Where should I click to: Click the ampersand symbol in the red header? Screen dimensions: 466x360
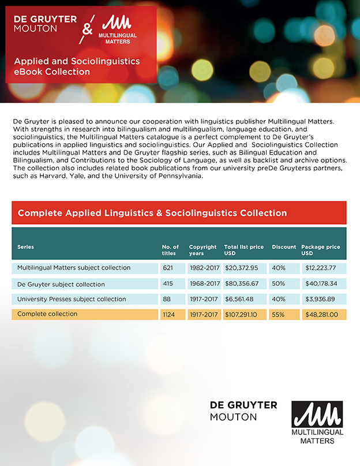click(87, 29)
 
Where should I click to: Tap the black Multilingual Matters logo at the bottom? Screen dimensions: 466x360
click(317, 422)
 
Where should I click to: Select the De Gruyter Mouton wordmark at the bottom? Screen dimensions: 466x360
click(243, 411)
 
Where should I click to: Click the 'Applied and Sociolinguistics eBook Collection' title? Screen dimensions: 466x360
click(77, 66)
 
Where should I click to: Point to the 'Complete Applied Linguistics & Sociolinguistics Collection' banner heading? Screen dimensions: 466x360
click(152, 213)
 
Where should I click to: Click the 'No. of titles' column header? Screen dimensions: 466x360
click(170, 250)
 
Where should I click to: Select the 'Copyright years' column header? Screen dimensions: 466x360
click(202, 250)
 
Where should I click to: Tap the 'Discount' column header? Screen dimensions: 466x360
click(284, 247)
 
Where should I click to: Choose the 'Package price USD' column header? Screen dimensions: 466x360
click(320, 250)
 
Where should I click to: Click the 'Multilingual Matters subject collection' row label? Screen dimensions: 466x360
click(74, 268)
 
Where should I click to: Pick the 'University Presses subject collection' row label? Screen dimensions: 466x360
click(72, 299)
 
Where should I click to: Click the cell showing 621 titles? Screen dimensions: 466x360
click(168, 268)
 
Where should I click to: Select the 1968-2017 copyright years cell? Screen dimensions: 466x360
click(204, 284)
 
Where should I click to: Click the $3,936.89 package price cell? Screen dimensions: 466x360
click(322, 299)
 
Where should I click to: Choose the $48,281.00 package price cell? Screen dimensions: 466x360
click(322, 315)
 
